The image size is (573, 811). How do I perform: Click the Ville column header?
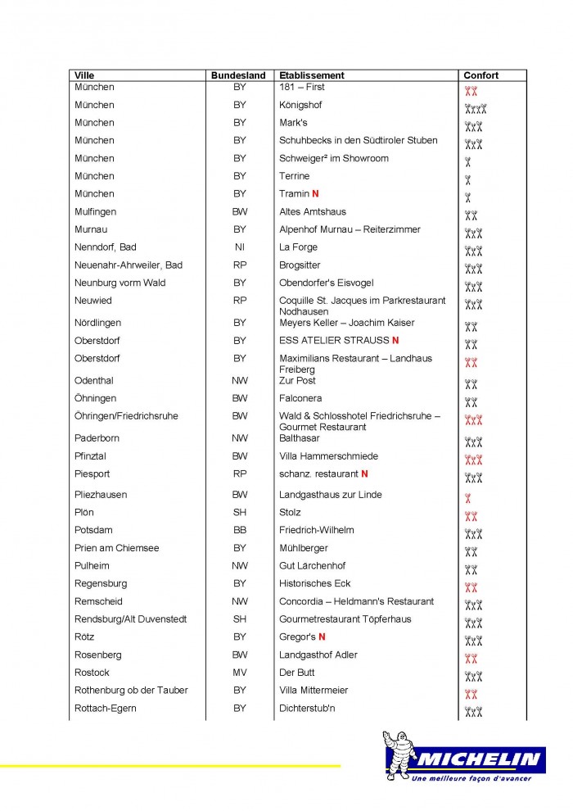tap(84, 75)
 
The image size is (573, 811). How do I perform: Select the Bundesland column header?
tap(238, 75)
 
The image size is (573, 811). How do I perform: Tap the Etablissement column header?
tap(312, 75)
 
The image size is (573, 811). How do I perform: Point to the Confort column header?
tap(481, 75)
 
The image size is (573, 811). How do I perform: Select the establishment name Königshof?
tap(300, 105)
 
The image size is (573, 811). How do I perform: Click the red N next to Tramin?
tap(315, 194)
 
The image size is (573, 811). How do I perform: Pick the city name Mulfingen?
tap(96, 212)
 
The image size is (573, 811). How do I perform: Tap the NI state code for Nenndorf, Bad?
tap(239, 247)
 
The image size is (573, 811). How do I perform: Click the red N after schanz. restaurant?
tap(364, 473)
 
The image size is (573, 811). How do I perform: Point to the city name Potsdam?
tap(93, 530)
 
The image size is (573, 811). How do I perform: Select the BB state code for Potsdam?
tap(239, 530)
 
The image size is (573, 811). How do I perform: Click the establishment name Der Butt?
tap(297, 673)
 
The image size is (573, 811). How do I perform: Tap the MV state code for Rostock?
tap(239, 673)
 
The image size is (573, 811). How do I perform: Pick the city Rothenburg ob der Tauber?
tap(131, 691)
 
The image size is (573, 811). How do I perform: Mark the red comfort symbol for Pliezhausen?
tap(467, 498)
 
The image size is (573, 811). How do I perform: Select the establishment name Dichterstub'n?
tap(308, 708)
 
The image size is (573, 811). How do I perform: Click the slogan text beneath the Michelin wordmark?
tap(471, 778)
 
